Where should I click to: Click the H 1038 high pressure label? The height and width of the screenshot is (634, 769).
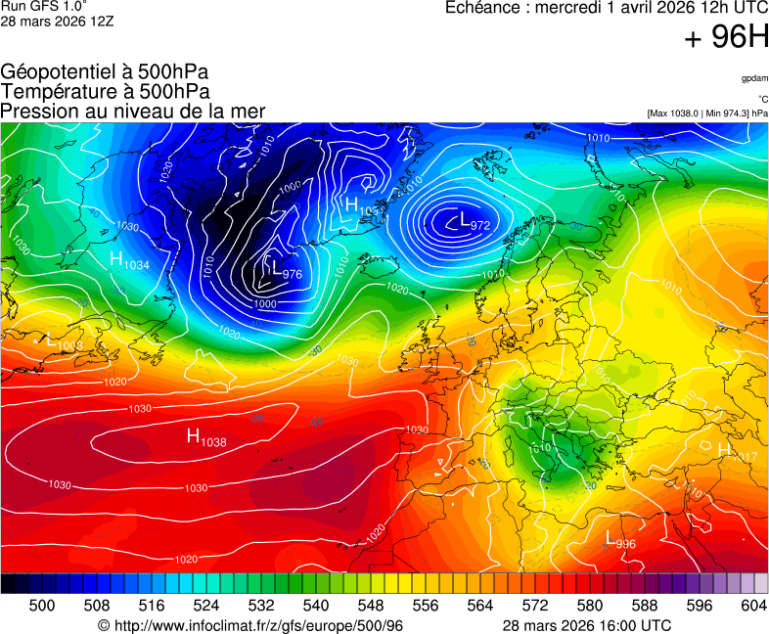(206, 438)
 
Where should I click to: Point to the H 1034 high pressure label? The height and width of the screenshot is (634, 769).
(129, 261)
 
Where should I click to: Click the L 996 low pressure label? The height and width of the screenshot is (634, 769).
(620, 541)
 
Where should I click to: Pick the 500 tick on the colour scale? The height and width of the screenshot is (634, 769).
(42, 606)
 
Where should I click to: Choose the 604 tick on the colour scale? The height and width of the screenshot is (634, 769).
(753, 606)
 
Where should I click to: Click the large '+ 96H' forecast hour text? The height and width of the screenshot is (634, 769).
(726, 37)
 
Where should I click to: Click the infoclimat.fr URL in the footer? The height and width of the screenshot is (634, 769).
(251, 625)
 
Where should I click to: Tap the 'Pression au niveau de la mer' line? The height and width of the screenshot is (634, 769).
(133, 112)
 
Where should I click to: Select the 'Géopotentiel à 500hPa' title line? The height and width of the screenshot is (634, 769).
(105, 72)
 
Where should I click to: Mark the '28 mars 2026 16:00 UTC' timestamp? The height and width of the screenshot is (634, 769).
(587, 625)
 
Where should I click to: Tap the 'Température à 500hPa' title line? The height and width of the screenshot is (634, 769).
(105, 92)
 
